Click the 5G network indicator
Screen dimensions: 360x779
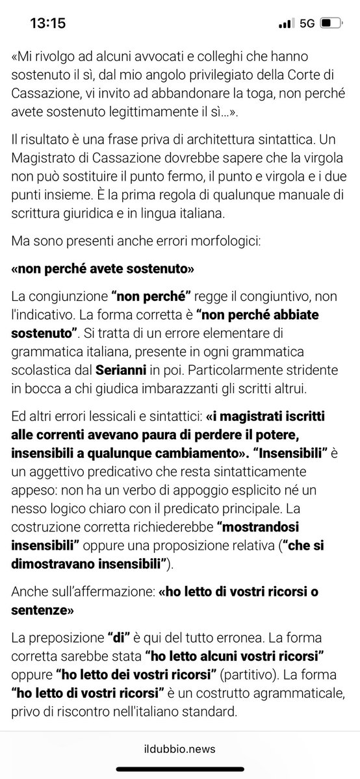307,23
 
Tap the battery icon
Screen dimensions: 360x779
331,23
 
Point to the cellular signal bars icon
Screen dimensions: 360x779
285,23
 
